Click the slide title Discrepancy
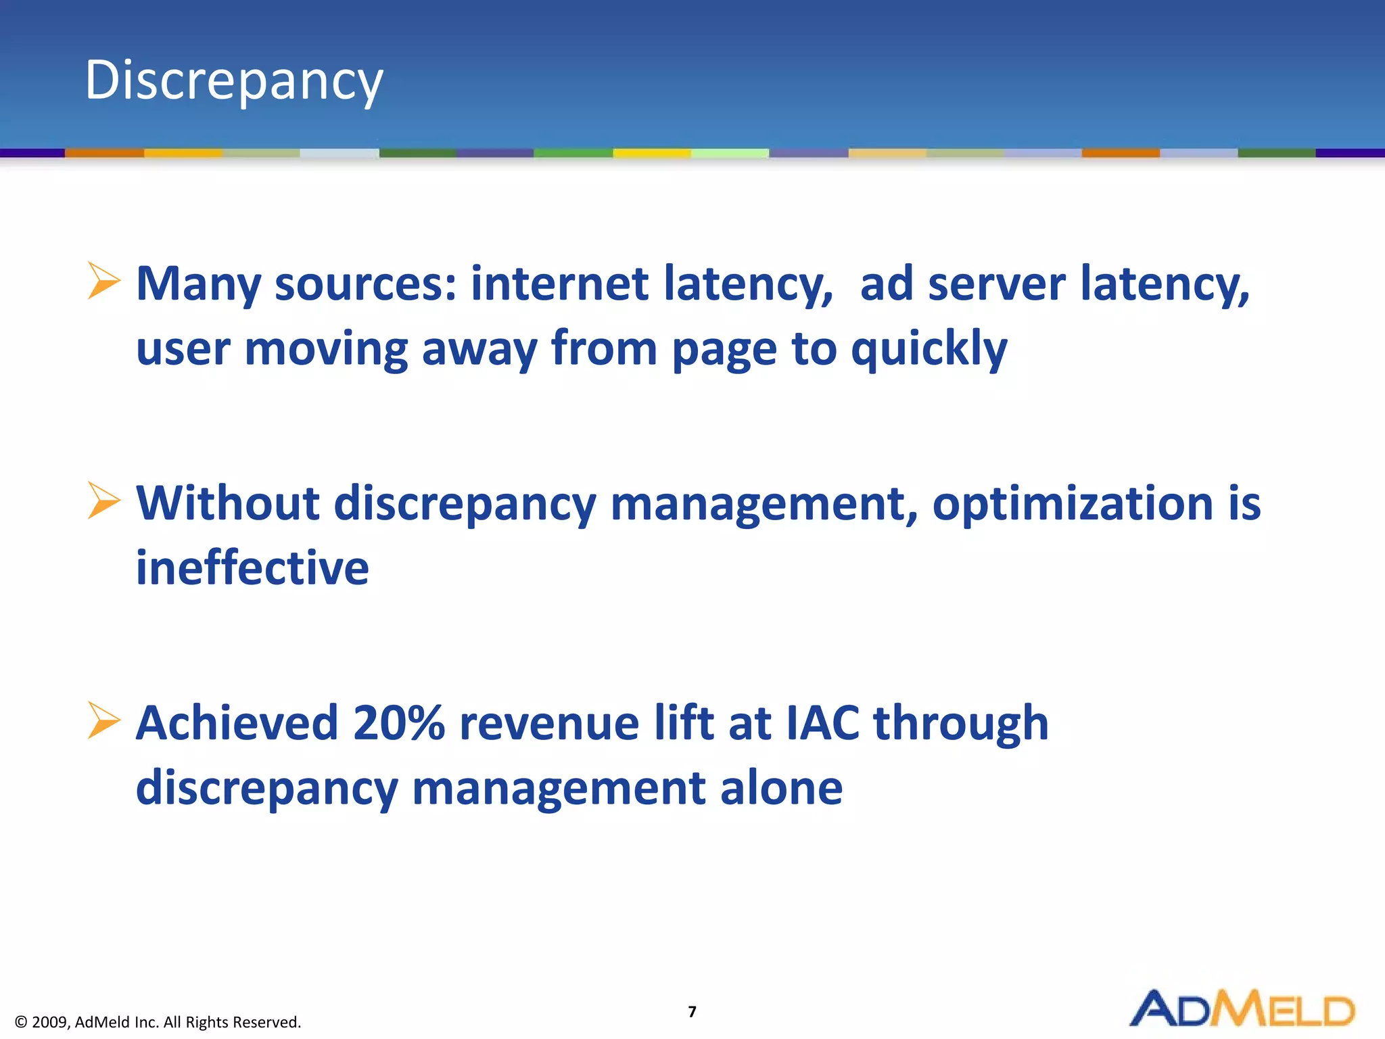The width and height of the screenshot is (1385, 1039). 234,81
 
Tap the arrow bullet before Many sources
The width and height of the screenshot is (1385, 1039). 103,281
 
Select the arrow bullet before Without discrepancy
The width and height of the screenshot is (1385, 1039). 103,501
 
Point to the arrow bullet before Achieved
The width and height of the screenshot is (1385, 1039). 103,720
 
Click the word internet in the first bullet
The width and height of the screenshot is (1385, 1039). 559,284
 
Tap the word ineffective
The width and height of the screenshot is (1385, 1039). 252,568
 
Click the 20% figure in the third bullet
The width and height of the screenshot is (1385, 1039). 398,724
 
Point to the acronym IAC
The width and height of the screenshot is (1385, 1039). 822,724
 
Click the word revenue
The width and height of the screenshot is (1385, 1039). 549,724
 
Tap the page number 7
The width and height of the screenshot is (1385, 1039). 692,1011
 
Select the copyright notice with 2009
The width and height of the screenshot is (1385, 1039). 158,1022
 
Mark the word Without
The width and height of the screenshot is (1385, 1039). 228,504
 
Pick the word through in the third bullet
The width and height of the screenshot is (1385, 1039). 961,724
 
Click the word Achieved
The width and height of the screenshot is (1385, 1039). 237,724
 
